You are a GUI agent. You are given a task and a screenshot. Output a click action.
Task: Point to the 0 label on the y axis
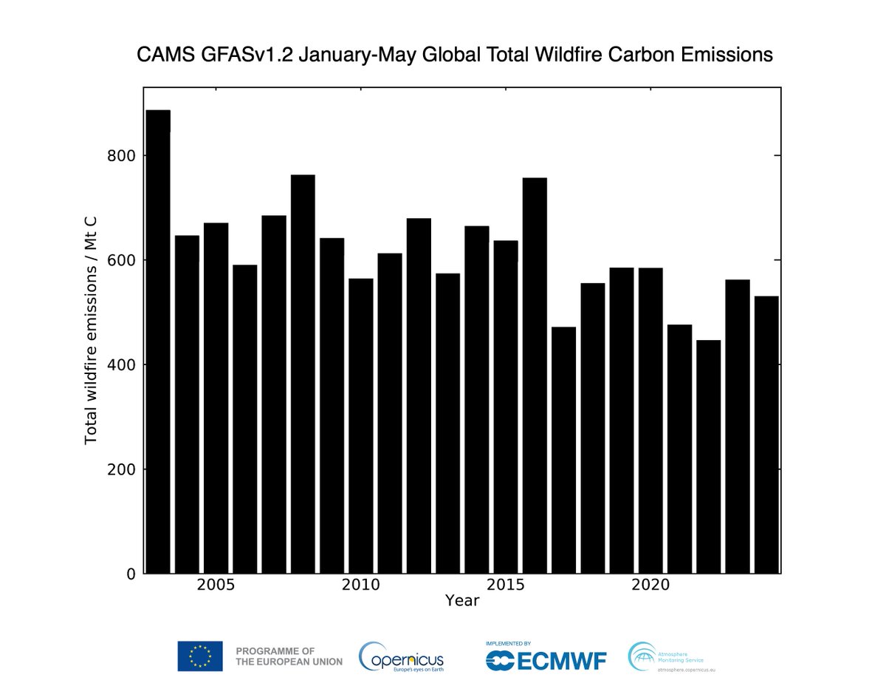pos(129,574)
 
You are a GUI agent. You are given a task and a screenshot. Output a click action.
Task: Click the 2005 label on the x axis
pos(216,585)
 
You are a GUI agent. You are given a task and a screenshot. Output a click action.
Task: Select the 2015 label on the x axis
pos(506,585)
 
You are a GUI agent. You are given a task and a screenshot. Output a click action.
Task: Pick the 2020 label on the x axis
pos(650,585)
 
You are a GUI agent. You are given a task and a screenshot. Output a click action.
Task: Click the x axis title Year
pos(462,601)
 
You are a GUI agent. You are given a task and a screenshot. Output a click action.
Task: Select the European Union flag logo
pos(199,656)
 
